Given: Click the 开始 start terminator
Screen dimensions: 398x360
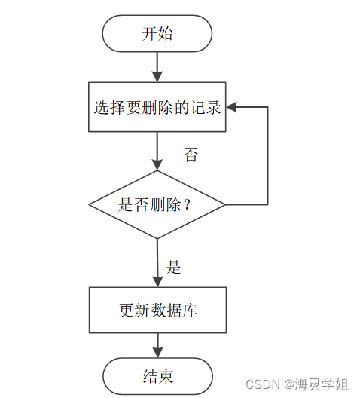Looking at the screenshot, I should (x=157, y=35).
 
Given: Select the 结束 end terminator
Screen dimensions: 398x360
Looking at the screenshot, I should (x=157, y=375).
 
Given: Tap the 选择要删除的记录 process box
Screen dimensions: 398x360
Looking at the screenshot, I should (x=157, y=108).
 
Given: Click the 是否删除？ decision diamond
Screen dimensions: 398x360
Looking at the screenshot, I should (x=157, y=204).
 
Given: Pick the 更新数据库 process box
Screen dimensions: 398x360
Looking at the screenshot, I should (x=157, y=310).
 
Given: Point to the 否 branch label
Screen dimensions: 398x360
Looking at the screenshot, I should (x=191, y=155).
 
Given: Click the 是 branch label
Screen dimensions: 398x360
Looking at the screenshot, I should (x=174, y=267).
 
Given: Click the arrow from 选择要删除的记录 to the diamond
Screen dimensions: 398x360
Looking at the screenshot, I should (x=157, y=151).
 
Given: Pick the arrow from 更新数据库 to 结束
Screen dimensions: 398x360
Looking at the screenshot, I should (x=157, y=344).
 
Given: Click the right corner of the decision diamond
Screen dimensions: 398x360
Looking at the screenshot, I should (x=224, y=204).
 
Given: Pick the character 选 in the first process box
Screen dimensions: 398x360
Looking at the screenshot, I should (x=101, y=108).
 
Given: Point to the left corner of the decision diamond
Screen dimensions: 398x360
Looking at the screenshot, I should (x=91, y=204).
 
